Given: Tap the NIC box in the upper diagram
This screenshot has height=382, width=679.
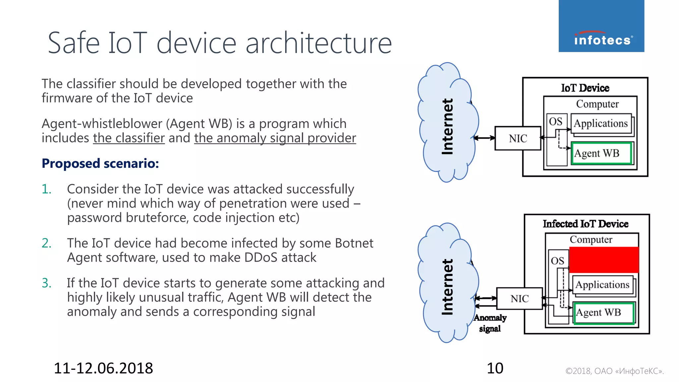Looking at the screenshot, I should click(518, 138).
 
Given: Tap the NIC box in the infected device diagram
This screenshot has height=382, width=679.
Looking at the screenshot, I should click(519, 298).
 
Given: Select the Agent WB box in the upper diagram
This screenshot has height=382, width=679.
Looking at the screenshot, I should click(601, 153).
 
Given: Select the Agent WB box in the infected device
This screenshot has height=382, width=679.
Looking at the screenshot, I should click(603, 313).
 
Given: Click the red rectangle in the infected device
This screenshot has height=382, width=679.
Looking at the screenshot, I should click(604, 260).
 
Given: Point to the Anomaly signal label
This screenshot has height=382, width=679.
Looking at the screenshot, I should click(490, 323).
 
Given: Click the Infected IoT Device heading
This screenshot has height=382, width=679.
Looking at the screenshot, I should click(586, 224).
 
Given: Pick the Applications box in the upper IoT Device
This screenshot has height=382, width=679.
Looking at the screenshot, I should click(601, 123).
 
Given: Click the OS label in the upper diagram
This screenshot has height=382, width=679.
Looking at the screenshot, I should click(556, 121).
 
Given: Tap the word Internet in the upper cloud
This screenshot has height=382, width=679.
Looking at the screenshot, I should click(447, 127).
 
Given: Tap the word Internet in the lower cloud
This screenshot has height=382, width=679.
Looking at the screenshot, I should click(447, 287).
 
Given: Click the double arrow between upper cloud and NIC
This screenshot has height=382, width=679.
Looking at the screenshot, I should click(484, 138).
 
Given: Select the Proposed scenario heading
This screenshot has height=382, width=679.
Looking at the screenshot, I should click(100, 163).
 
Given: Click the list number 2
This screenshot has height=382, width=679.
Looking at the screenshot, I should click(46, 243).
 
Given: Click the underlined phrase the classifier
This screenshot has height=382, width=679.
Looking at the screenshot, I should click(129, 138).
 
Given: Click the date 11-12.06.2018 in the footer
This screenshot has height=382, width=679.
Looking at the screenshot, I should click(103, 368).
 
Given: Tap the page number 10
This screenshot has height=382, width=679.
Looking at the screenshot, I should click(495, 368).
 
